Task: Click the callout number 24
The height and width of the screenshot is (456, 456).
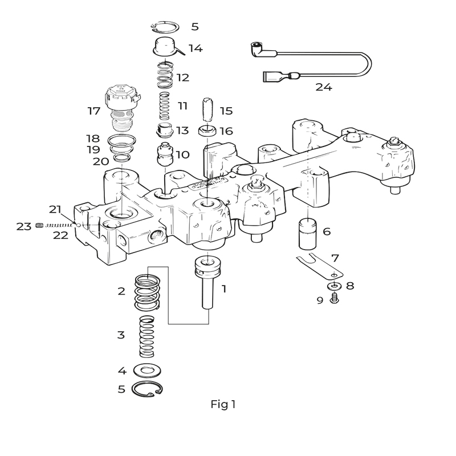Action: (323, 87)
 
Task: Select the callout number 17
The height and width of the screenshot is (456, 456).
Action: (94, 111)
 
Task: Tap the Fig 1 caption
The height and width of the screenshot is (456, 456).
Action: (223, 404)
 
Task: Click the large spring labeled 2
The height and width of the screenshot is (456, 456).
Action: (148, 292)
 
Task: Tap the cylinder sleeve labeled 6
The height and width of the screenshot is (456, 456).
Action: (307, 235)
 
